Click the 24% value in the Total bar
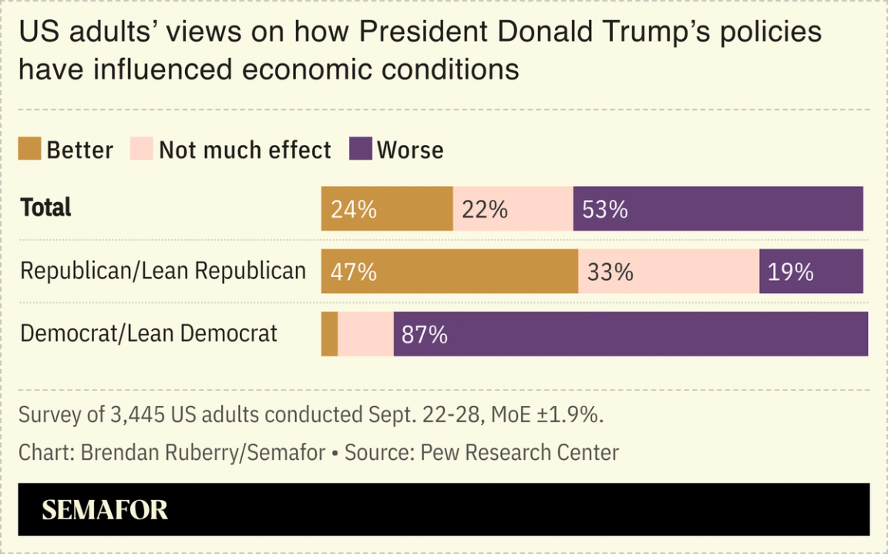tap(354, 209)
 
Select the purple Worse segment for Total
tap(718, 208)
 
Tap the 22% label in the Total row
tap(484, 209)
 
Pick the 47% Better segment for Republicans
tap(449, 272)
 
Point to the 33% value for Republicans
tap(610, 272)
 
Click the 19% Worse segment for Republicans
tap(811, 272)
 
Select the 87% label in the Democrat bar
tap(425, 334)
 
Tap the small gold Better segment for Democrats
tap(329, 334)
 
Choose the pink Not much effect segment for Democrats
tap(365, 334)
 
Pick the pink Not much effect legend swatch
tap(143, 149)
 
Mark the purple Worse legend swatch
tap(361, 149)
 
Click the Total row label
tap(46, 208)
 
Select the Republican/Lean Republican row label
tap(163, 271)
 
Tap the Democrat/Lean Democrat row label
tap(149, 333)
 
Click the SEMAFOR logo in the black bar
tap(105, 510)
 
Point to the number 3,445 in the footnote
tap(132, 414)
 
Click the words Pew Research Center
tap(520, 452)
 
